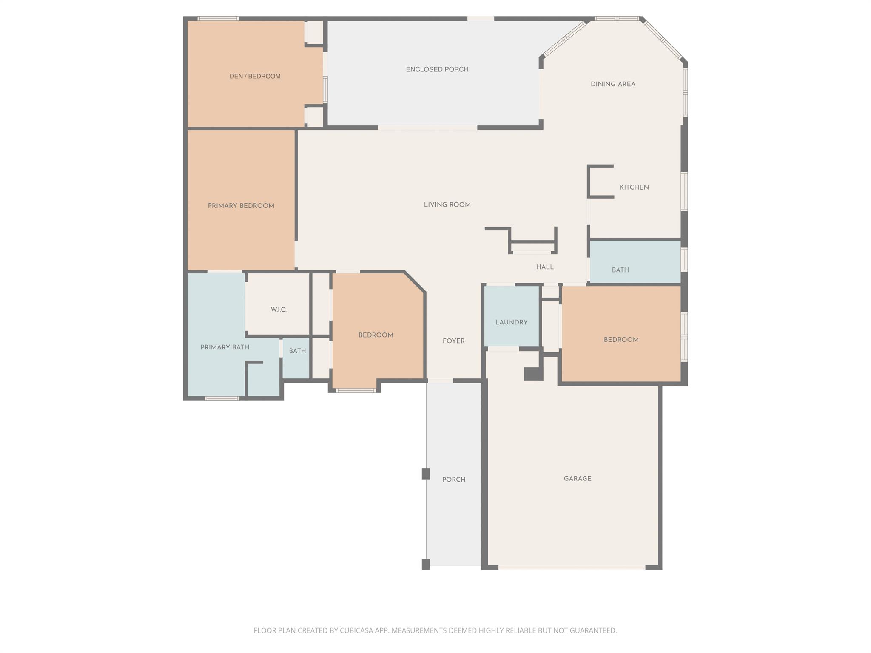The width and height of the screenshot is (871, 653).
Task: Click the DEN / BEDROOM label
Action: pos(255,76)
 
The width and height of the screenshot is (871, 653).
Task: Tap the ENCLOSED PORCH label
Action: pos(437,69)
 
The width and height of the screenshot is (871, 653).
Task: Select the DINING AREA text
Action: pos(613,84)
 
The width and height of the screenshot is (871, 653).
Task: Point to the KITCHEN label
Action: pos(634,187)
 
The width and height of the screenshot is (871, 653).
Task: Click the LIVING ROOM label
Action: pos(447,205)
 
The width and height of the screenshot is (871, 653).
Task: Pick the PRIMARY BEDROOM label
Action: pos(241,206)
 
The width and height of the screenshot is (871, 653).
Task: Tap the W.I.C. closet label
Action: pos(279,309)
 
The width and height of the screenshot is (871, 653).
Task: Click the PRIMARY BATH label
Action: pos(225,347)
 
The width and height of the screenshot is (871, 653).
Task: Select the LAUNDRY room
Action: pos(511,322)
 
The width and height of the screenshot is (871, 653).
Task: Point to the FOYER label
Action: pos(453,341)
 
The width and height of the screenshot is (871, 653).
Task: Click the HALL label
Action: pos(545,267)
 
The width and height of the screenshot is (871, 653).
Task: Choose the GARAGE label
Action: pos(577,479)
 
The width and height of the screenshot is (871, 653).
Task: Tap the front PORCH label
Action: pos(453,480)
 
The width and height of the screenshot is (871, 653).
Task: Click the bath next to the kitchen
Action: pos(620,270)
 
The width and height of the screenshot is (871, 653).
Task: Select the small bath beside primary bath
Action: pos(297,351)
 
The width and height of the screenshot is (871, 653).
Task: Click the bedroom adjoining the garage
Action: pos(621,340)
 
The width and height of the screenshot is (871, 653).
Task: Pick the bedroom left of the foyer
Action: pos(376,335)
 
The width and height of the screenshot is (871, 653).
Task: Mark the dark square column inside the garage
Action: pos(533,374)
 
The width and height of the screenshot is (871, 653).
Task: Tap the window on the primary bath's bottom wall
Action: pos(222,398)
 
